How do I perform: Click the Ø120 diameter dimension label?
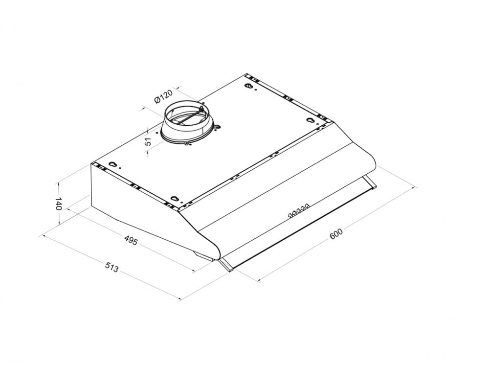[163, 96]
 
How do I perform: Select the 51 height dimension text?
[149, 141]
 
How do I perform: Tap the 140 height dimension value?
[58, 204]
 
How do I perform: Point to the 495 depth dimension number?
[131, 240]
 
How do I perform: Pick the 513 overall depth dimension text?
[111, 267]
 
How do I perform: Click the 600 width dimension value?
[336, 234]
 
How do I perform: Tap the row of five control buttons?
[299, 210]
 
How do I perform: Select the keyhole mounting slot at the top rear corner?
[249, 87]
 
